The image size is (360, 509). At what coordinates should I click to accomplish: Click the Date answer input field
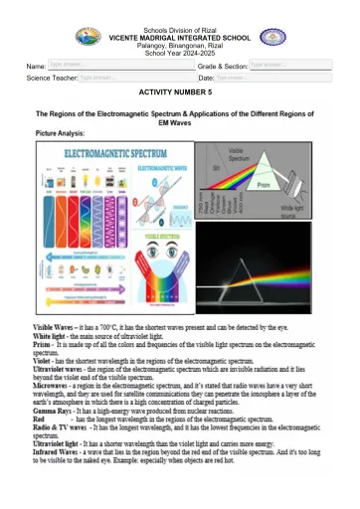point(257,77)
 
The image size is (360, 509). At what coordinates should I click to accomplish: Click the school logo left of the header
point(87,38)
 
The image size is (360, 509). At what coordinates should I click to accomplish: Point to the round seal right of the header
point(272,38)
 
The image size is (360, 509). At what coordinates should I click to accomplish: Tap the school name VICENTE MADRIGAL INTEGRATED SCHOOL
point(180,36)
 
